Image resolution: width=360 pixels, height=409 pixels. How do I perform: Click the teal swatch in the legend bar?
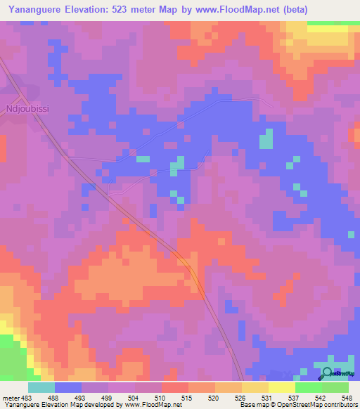pos(41,387)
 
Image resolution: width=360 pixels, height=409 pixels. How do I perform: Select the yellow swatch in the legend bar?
pos(281,387)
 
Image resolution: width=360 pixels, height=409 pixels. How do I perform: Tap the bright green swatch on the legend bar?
pos(308,387)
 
